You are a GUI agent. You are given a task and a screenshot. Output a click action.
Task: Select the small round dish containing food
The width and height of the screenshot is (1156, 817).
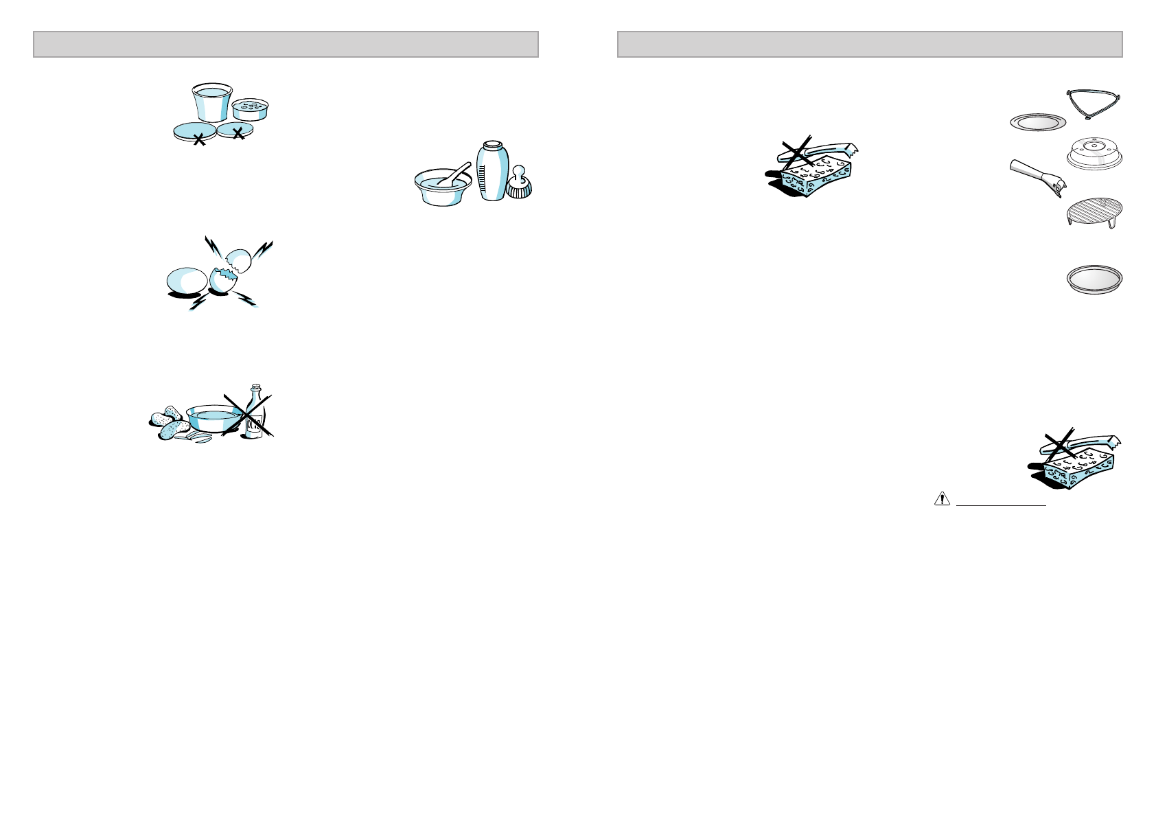click(x=250, y=109)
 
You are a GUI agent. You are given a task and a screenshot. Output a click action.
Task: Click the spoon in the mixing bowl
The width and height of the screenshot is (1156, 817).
click(x=453, y=174)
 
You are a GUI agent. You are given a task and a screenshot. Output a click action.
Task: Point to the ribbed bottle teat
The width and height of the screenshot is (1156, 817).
click(x=520, y=183)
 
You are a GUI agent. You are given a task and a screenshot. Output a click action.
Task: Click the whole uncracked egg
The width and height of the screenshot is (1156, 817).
click(x=187, y=281)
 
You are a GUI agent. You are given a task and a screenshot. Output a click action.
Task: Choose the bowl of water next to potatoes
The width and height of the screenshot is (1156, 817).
click(x=213, y=417)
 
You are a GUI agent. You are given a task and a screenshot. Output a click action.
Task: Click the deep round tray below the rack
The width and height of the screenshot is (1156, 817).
click(x=1094, y=280)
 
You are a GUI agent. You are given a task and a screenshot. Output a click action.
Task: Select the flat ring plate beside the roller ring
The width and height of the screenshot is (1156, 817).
click(x=1038, y=123)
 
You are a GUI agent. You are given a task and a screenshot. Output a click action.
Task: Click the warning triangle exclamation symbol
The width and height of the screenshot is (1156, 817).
click(x=941, y=500)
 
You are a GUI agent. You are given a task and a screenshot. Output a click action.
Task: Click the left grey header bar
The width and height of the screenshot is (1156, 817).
click(x=286, y=44)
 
